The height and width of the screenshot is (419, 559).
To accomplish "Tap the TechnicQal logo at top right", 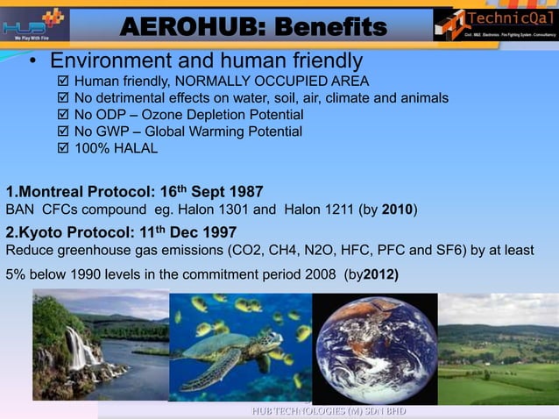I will tap(495, 23).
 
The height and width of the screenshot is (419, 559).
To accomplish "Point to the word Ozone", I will tap(173, 115).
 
